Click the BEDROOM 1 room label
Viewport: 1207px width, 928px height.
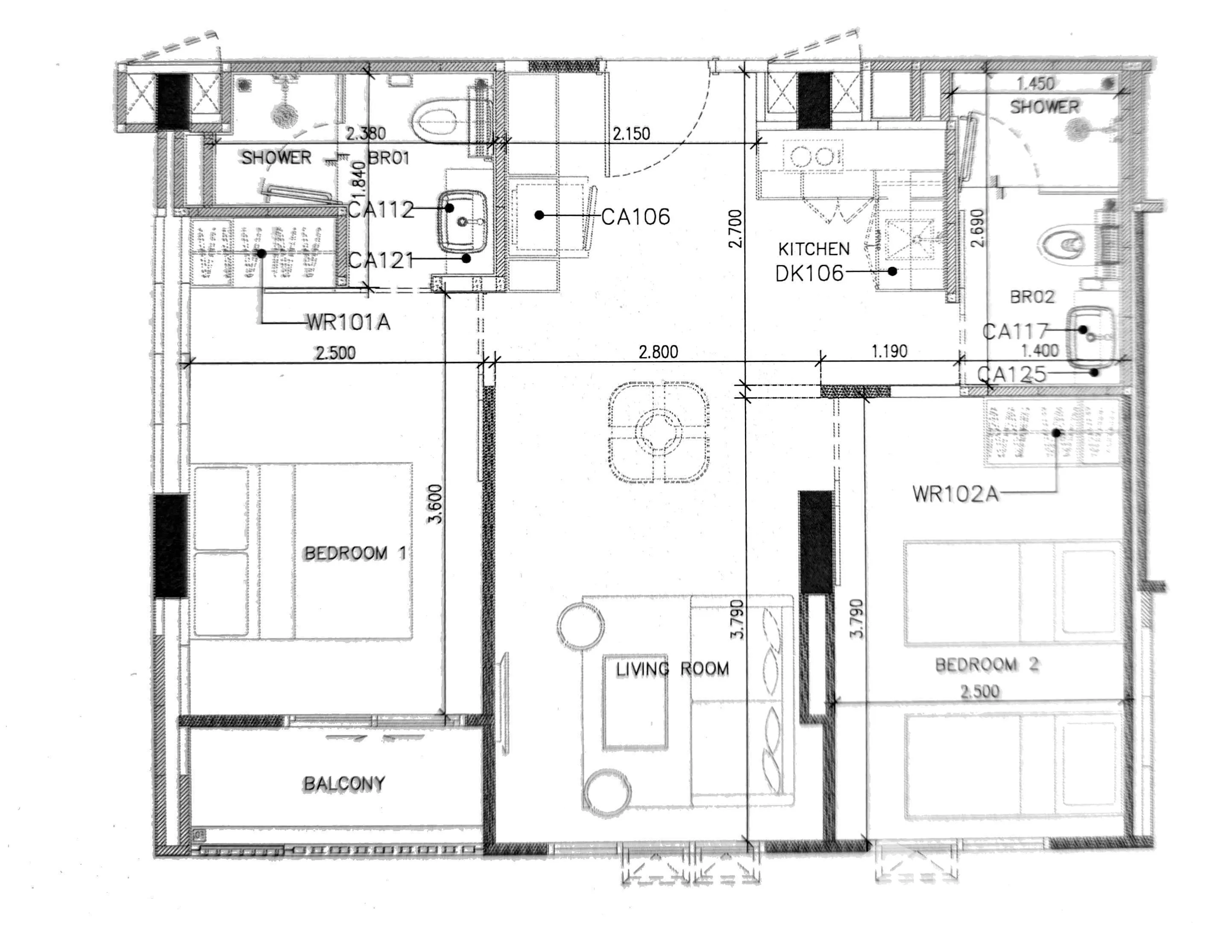(x=355, y=553)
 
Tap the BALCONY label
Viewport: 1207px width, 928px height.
(x=344, y=783)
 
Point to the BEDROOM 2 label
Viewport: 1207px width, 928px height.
(x=987, y=664)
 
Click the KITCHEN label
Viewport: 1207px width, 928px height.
(x=814, y=250)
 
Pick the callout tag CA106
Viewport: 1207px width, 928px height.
(x=636, y=217)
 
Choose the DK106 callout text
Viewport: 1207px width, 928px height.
(x=809, y=273)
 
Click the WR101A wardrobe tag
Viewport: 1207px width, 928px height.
(x=349, y=322)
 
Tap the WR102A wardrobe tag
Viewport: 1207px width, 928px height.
(x=956, y=494)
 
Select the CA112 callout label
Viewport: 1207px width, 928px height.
(x=381, y=209)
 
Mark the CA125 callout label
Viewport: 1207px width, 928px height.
(x=1012, y=374)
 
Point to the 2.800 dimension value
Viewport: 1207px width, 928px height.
(x=658, y=351)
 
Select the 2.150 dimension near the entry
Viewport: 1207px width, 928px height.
(x=631, y=133)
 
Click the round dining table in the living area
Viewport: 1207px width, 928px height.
(x=659, y=432)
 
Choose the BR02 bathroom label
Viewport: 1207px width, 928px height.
(x=1032, y=297)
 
